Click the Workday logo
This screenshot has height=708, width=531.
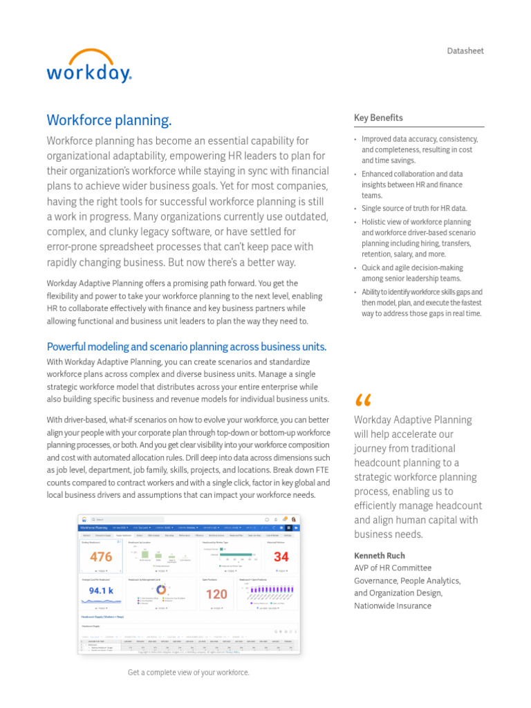[x=88, y=66]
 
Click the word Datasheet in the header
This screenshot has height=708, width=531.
[x=465, y=51]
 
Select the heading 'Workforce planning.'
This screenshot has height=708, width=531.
[x=109, y=120]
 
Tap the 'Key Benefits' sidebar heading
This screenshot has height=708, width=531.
[x=378, y=118]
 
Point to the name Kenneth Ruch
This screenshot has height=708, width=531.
[x=380, y=556]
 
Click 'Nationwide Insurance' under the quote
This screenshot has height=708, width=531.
[x=392, y=606]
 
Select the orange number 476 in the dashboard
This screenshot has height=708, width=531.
[x=101, y=557]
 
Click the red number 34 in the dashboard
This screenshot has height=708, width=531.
[x=281, y=557]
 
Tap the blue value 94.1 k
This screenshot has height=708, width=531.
[x=101, y=591]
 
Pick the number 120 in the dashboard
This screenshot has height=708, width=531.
[x=216, y=594]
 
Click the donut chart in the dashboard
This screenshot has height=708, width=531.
[x=160, y=590]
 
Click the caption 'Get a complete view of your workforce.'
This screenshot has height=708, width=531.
[x=188, y=673]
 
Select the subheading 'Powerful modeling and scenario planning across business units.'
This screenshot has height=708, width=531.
[x=186, y=346]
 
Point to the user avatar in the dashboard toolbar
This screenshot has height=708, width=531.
[x=294, y=519]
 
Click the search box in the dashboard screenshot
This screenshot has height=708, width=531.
[x=111, y=519]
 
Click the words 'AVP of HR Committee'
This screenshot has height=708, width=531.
[x=392, y=568]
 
